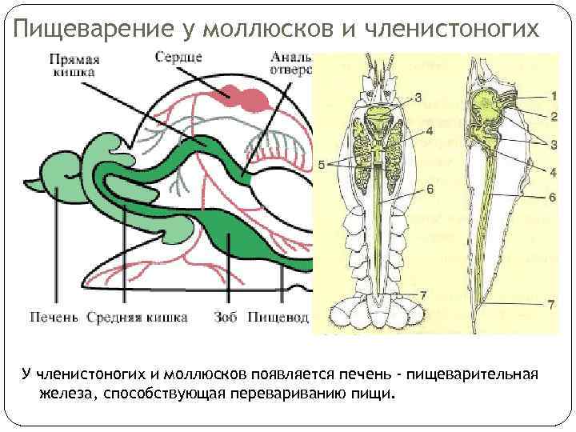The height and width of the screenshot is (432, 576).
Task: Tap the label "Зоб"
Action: (x=226, y=318)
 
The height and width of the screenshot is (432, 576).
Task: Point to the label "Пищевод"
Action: (x=278, y=318)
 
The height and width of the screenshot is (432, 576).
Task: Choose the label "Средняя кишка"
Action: (x=138, y=318)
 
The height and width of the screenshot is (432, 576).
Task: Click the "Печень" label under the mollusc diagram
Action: (x=54, y=318)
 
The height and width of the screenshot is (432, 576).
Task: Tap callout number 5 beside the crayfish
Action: (x=322, y=165)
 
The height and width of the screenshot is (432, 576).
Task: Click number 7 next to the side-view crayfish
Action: (x=551, y=305)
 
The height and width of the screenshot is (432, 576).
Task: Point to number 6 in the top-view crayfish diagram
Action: (x=430, y=190)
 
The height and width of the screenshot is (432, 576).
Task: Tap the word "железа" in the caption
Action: (x=62, y=394)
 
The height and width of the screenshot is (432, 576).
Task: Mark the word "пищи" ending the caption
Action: (x=378, y=394)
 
